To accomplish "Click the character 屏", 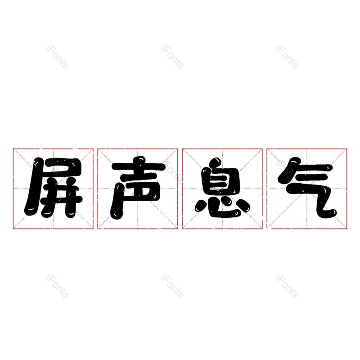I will pyautogui.click(x=53, y=188).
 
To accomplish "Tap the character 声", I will pyautogui.click(x=138, y=188).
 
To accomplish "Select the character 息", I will pyautogui.click(x=222, y=188).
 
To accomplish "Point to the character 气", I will pyautogui.click(x=306, y=188).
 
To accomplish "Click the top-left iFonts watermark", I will pyautogui.click(x=57, y=57).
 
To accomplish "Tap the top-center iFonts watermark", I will pyautogui.click(x=172, y=57).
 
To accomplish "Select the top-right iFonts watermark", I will pyautogui.click(x=287, y=57).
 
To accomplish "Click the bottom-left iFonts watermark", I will pyautogui.click(x=57, y=286).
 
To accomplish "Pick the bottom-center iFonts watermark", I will pyautogui.click(x=172, y=286).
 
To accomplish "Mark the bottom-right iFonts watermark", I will pyautogui.click(x=287, y=286).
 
